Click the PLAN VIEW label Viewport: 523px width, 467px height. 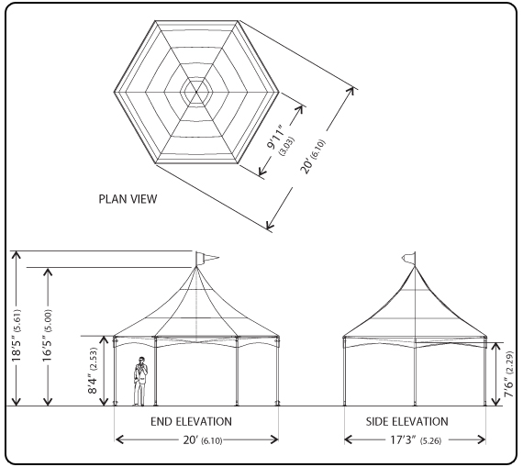tap(128, 199)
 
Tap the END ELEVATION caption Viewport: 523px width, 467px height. tap(191, 422)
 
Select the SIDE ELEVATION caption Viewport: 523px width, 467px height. tap(406, 422)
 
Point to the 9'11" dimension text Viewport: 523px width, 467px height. tap(276, 137)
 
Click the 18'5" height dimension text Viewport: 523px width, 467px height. tap(17, 346)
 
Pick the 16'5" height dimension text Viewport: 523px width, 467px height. tap(47, 346)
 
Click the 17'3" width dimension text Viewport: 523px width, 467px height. tap(403, 440)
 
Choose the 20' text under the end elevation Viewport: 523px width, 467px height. tap(191, 440)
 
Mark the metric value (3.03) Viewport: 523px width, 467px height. tap(287, 146)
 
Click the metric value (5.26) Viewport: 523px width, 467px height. tap(430, 441)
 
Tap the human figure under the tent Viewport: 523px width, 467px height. tap(140, 382)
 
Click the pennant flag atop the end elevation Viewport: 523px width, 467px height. tap(206, 258)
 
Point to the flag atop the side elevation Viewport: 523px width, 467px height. tap(408, 258)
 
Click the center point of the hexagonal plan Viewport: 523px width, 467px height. tap(196, 92)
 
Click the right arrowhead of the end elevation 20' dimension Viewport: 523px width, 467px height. tap(273, 439)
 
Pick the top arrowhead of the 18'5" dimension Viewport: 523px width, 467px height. tap(16, 255)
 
